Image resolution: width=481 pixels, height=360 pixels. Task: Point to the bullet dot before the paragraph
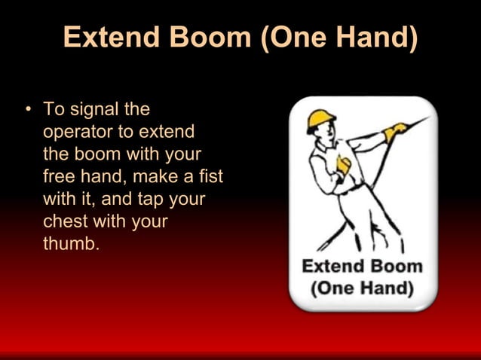point(28,110)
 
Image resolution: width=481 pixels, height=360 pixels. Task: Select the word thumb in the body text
point(71,245)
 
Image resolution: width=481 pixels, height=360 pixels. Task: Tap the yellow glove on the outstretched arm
point(394,133)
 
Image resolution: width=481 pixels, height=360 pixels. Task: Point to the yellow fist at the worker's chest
point(344,164)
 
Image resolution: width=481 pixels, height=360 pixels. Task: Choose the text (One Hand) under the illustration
point(362,288)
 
